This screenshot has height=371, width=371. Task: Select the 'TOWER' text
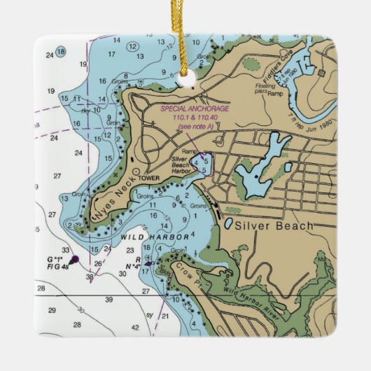149,178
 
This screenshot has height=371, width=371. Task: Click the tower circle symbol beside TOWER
136,170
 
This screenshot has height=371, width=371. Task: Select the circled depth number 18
61,51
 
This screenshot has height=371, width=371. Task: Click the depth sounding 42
135,327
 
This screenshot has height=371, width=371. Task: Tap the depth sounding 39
108,299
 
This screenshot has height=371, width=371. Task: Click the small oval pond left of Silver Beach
228,225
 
